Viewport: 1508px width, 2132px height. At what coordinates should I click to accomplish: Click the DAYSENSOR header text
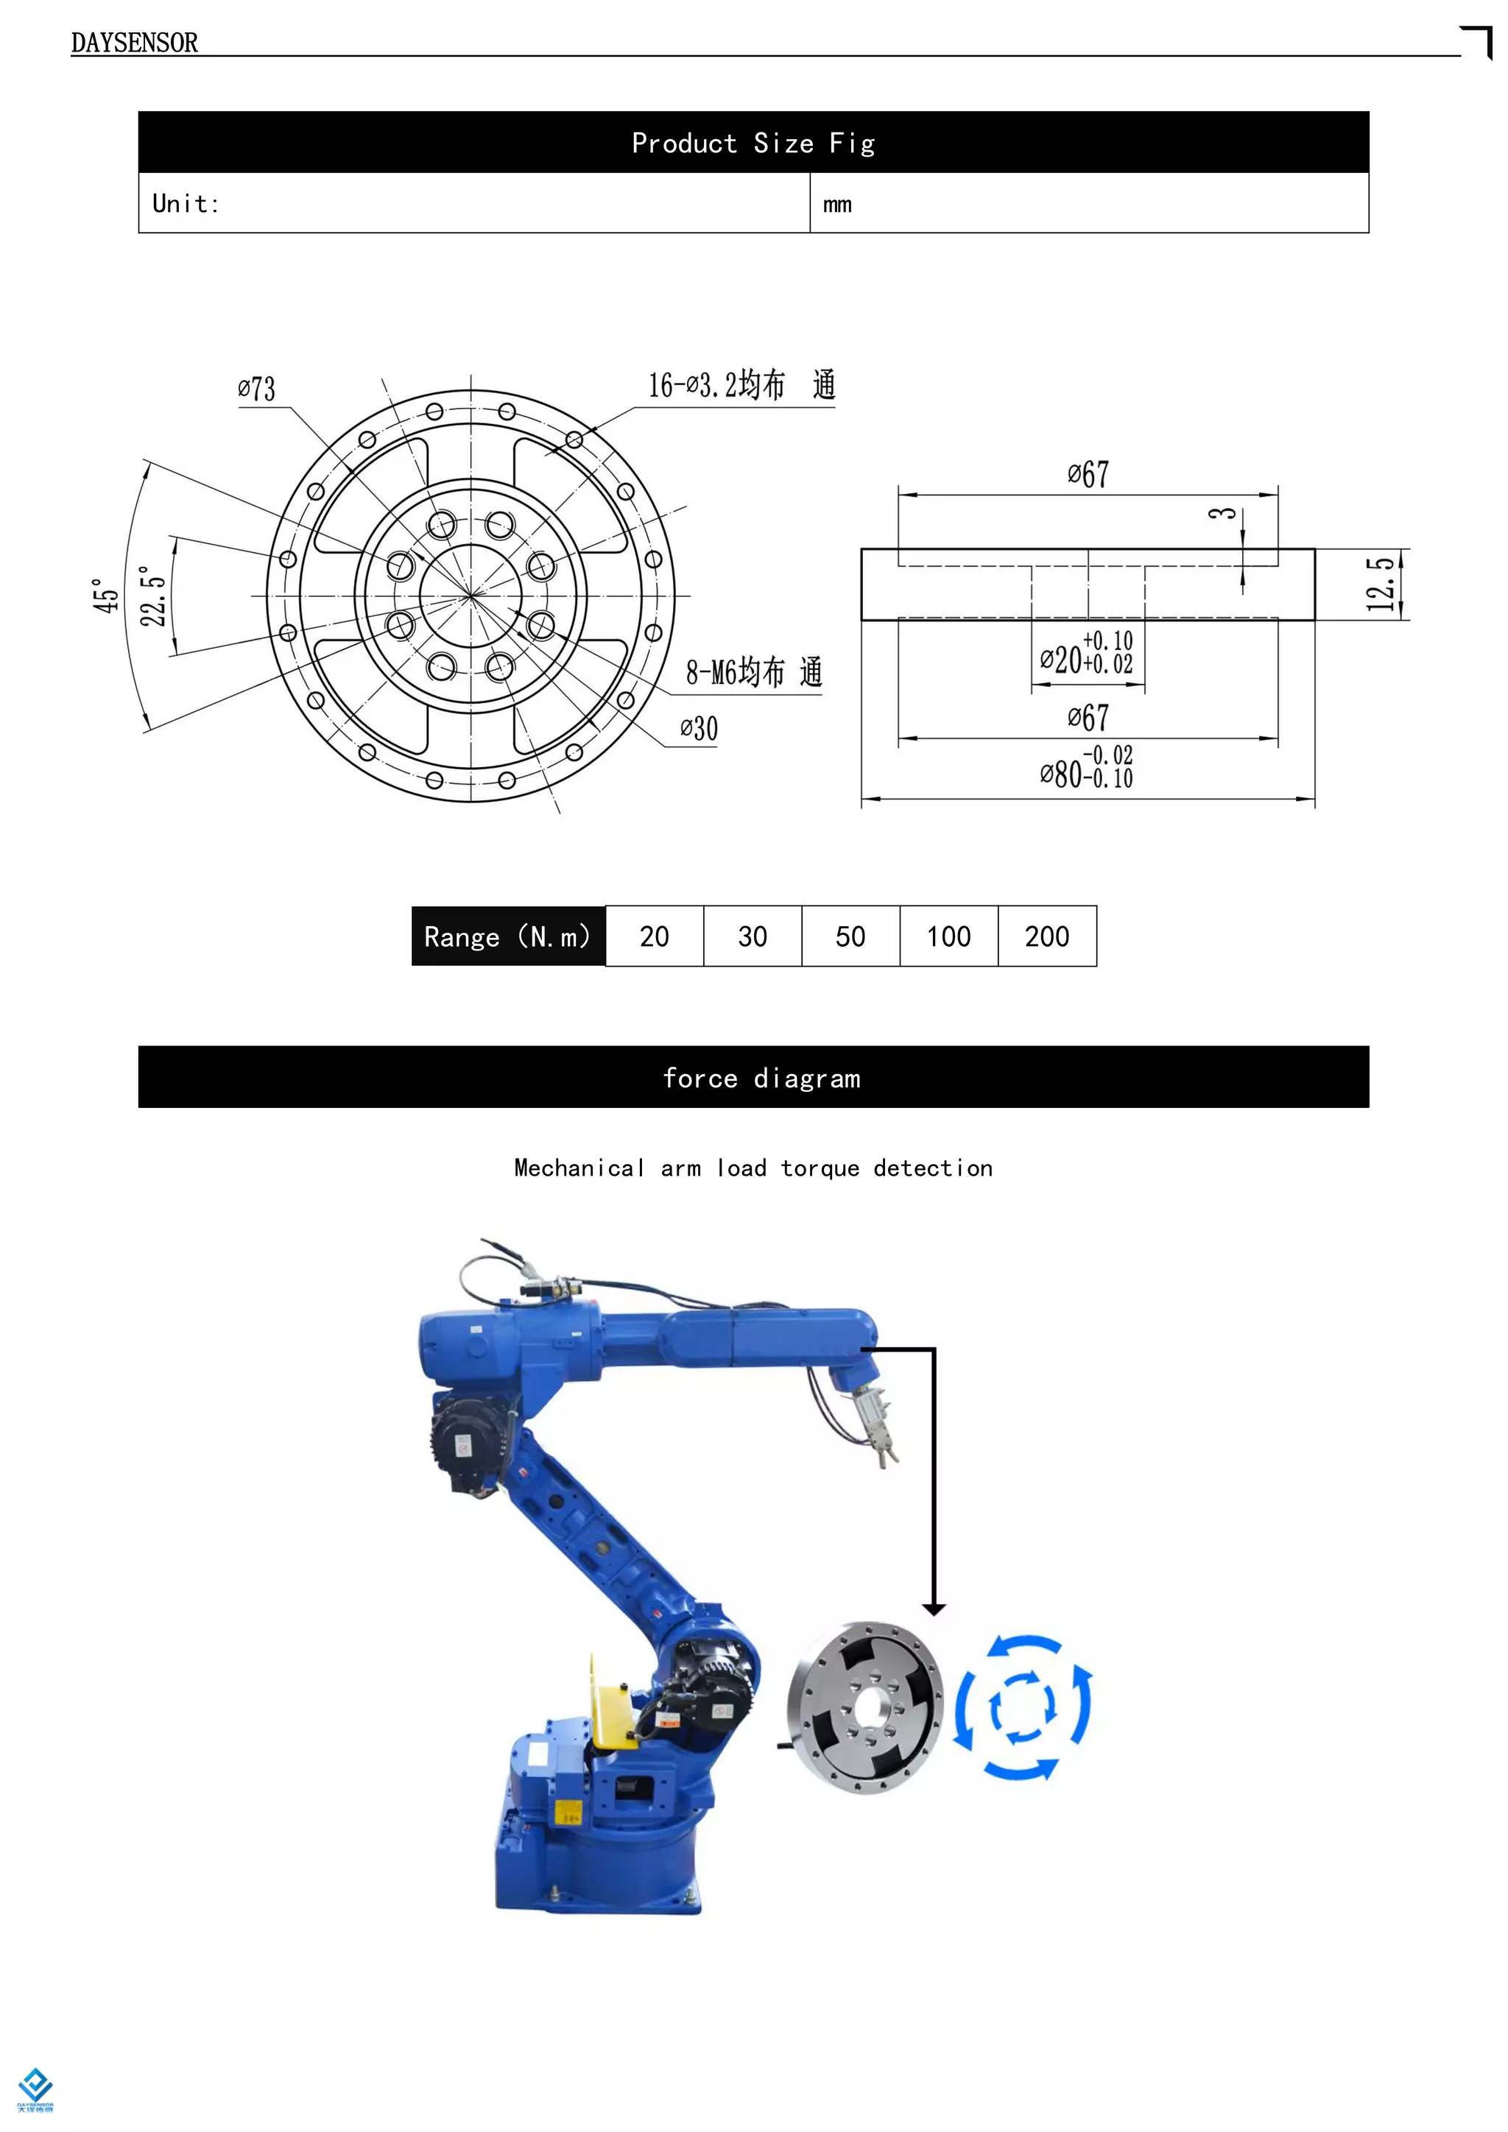pos(134,43)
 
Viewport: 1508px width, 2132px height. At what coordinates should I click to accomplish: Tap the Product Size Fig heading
pos(753,143)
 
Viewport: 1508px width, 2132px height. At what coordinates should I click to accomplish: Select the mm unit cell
pos(836,204)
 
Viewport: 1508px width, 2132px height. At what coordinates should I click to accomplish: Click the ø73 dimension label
pos(256,388)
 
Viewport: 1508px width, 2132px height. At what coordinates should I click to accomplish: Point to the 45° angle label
pos(106,596)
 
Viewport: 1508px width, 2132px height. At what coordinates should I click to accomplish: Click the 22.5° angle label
pos(153,596)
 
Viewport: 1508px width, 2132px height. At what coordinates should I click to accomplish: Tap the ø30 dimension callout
pos(698,729)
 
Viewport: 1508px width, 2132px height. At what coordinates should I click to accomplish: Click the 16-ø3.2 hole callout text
pos(740,384)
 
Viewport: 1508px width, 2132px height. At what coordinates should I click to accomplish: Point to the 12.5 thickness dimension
pos(1381,584)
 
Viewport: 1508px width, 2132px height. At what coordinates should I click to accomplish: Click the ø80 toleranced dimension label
pos(1085,769)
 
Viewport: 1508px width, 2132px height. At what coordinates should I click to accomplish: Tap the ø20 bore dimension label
pos(1085,654)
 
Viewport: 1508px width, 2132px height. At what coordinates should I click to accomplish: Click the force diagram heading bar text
pos(761,1078)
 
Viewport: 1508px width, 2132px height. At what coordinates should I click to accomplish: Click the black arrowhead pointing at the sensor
pos(934,1609)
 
